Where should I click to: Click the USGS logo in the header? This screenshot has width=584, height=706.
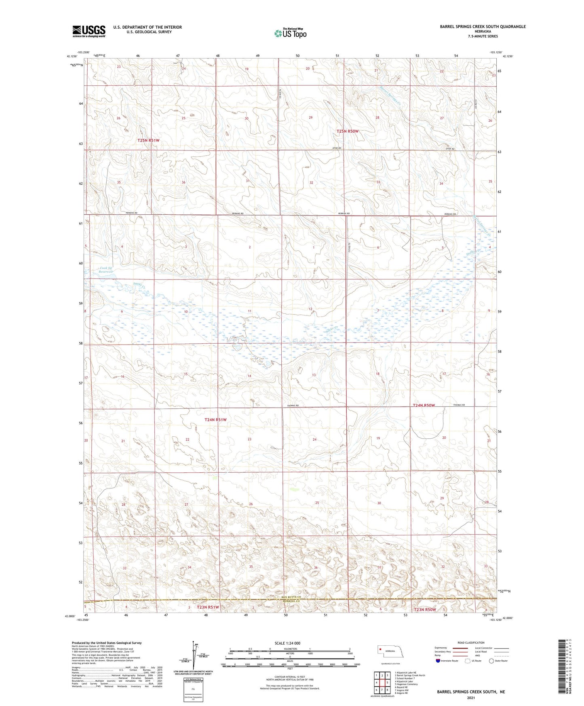(x=89, y=31)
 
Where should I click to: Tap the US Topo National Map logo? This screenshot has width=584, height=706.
(x=290, y=33)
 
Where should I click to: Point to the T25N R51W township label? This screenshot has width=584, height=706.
(x=148, y=140)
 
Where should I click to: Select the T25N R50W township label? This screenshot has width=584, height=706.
(x=348, y=131)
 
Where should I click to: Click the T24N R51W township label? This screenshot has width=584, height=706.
(x=215, y=420)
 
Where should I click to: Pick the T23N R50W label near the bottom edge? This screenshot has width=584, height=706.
(x=425, y=609)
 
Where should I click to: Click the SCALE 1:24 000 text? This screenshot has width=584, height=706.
(x=287, y=643)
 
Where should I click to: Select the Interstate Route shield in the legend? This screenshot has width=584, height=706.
(x=438, y=661)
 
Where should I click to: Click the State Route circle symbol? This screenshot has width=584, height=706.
(x=491, y=661)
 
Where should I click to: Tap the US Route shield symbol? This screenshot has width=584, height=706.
(x=468, y=661)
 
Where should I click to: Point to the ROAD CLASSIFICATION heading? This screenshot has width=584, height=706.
(x=471, y=643)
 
